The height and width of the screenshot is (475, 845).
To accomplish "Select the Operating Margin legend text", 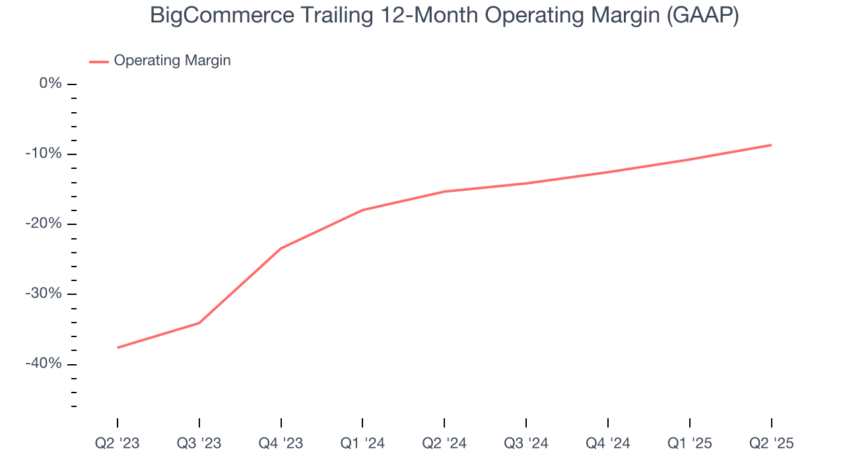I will tap(172, 61).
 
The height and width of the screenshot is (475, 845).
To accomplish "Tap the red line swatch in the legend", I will tap(98, 61).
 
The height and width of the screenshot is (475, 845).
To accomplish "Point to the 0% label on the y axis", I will tap(50, 84).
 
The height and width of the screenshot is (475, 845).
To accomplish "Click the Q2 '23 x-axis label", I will tap(118, 443).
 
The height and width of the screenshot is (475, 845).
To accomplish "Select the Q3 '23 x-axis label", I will tap(199, 443).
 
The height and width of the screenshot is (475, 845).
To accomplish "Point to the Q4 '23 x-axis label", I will tap(281, 443).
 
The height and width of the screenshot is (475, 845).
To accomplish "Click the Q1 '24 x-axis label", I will tap(362, 443).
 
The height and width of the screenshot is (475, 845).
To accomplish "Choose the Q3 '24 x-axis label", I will tap(526, 443).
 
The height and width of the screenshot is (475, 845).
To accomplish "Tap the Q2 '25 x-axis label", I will tap(771, 443).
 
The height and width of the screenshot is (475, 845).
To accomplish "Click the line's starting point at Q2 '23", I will tap(118, 348).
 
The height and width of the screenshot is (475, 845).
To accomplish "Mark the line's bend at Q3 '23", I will tap(199, 323).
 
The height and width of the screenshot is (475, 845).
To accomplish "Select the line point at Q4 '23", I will tap(281, 248).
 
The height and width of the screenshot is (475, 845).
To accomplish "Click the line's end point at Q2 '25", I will tap(771, 144).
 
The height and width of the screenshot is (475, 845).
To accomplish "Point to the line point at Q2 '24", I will tap(444, 191).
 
